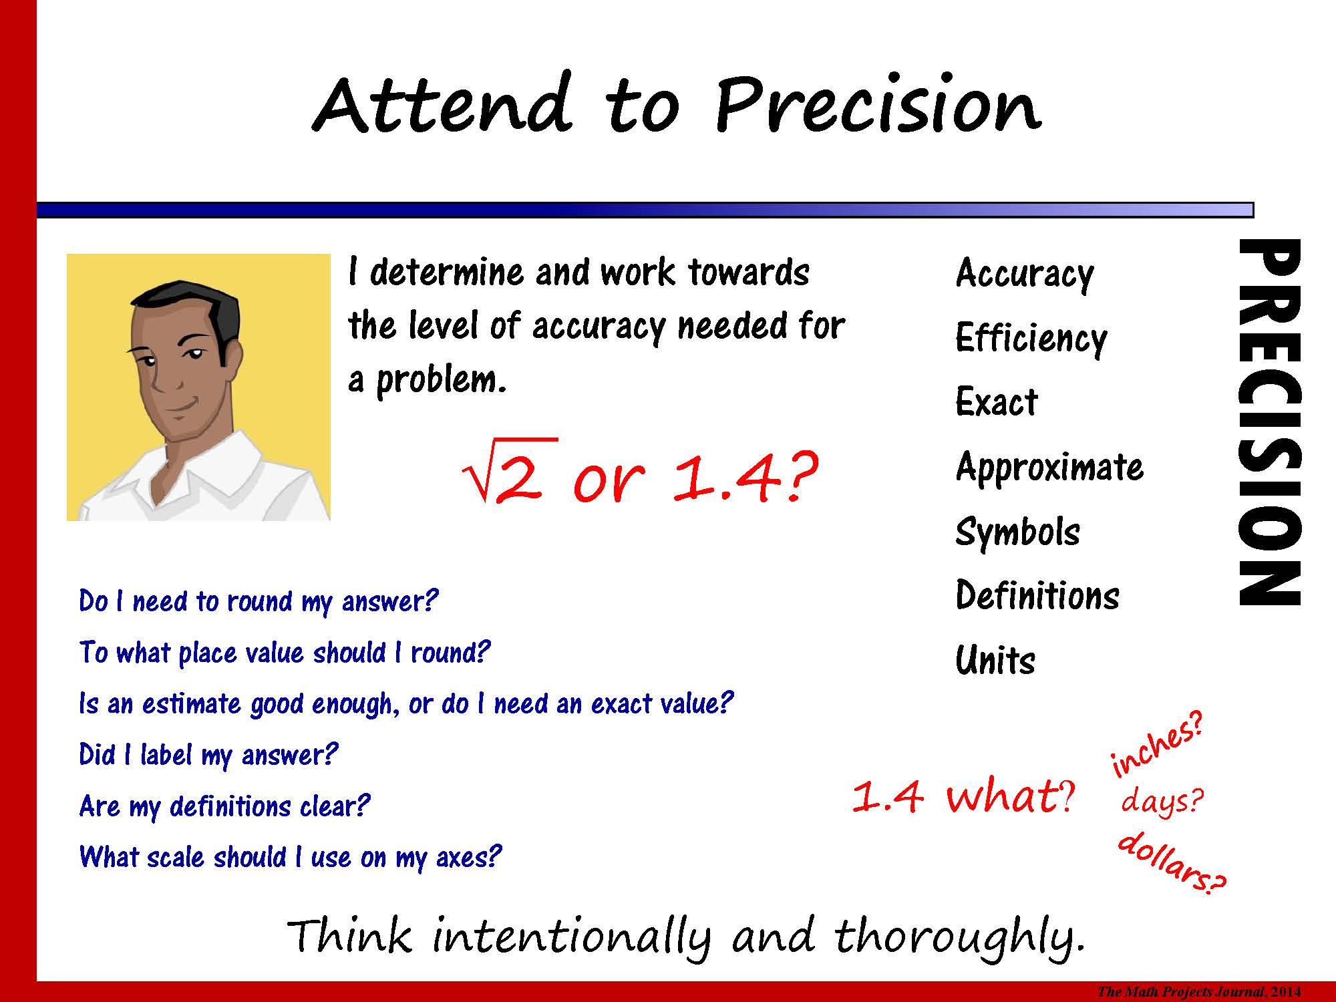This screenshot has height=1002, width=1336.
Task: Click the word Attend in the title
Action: [442, 104]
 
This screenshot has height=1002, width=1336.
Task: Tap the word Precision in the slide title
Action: [878, 104]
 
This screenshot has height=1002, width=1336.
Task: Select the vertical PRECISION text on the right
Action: [1270, 422]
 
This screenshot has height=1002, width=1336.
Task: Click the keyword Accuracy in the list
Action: [1025, 274]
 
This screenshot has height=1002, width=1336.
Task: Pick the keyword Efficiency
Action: [1031, 338]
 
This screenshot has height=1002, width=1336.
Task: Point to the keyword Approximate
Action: [1049, 467]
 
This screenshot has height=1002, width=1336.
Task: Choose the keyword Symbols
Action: [1017, 532]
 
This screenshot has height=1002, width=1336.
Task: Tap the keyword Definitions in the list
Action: [1037, 595]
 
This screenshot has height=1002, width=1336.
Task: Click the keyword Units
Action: [995, 661]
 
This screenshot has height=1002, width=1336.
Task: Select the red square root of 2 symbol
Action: [509, 471]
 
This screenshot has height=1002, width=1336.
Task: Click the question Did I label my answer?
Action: [208, 756]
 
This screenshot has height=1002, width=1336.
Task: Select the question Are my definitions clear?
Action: [224, 806]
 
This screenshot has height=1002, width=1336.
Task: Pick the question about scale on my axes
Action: [290, 857]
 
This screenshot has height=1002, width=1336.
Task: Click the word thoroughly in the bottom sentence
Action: [959, 938]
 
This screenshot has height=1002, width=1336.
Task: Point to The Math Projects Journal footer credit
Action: [1199, 992]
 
